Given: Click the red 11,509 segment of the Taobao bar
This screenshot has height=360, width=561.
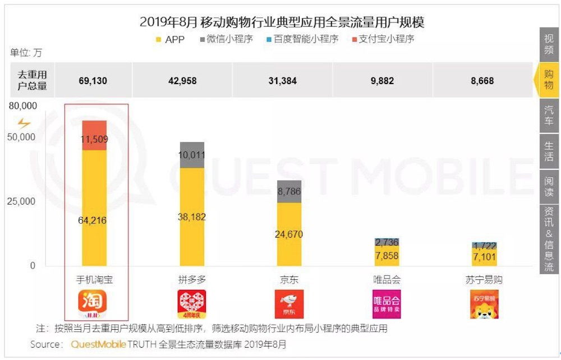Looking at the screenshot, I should tap(94, 135).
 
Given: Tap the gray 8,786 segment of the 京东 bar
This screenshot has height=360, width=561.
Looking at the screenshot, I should tap(289, 191).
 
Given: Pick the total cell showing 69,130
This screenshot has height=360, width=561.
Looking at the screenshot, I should tap(93, 80).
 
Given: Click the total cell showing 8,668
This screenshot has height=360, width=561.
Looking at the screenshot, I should tap(482, 80).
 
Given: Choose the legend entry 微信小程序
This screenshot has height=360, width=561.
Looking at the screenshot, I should tap(226, 39).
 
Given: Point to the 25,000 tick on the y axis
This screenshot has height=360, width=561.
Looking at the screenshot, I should tap(21, 201).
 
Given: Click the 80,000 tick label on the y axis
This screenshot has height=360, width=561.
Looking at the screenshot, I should tap(21, 106).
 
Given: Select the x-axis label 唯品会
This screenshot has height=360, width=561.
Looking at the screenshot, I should tap(387, 279).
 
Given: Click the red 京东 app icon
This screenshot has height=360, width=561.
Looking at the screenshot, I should tap(289, 304).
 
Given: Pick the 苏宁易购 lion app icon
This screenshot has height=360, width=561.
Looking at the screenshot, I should tap(484, 304).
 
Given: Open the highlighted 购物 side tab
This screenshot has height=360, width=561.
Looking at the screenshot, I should tap(548, 80).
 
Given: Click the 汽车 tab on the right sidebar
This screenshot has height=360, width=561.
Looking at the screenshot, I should tap(549, 115).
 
